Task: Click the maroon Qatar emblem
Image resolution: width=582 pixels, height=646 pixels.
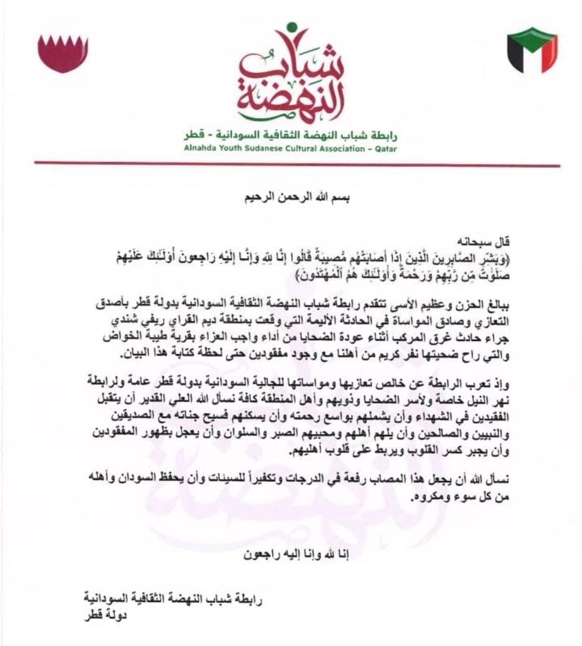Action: tap(63, 53)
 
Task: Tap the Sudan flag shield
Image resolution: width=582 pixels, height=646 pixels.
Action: tap(532, 50)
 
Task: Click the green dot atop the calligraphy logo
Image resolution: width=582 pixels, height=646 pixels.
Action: tap(292, 26)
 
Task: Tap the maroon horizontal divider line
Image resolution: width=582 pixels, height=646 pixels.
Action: tap(297, 164)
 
